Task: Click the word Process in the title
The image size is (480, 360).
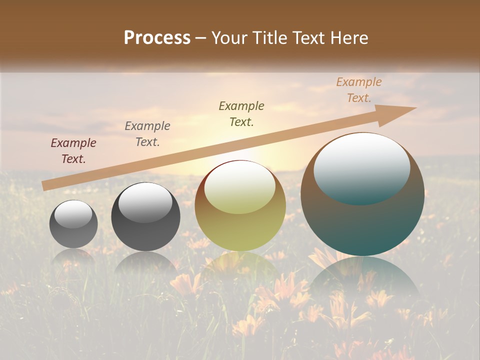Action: tap(157, 38)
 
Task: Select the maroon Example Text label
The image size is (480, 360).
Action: tap(73, 151)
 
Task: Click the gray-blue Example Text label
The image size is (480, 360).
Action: tap(147, 134)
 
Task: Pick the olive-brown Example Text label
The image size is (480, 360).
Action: tap(241, 114)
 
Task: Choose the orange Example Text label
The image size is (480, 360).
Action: tap(359, 90)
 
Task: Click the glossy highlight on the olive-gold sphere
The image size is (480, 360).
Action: tap(240, 186)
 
